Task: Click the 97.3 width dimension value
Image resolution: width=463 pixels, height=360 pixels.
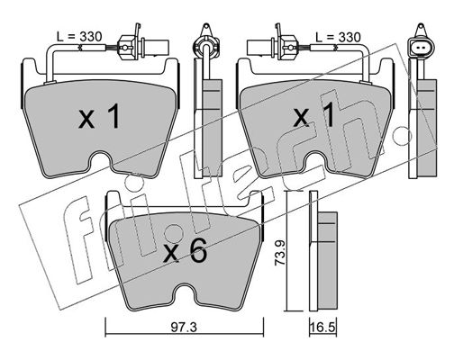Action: coord(184,328)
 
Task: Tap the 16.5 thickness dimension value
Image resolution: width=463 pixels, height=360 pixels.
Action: coord(322,328)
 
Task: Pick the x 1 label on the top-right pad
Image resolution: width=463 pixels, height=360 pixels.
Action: coord(314,114)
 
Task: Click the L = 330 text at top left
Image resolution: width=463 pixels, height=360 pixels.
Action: coord(79,37)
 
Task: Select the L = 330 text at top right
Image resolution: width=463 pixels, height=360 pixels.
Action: coord(338,37)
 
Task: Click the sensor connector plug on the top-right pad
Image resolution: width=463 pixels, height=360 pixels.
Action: coord(272,46)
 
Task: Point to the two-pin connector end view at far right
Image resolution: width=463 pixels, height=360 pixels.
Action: coord(421,48)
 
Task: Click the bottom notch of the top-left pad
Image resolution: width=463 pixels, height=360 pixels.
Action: coord(101,160)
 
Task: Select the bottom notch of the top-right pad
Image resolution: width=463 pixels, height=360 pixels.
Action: coord(315,160)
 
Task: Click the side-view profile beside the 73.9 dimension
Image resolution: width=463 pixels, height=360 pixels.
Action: coord(322,250)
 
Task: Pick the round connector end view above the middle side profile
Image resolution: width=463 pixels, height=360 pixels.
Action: coord(206,45)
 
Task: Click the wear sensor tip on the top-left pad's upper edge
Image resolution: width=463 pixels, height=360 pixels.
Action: coord(50,82)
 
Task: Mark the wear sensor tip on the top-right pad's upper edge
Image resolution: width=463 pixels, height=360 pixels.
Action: coord(366,82)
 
